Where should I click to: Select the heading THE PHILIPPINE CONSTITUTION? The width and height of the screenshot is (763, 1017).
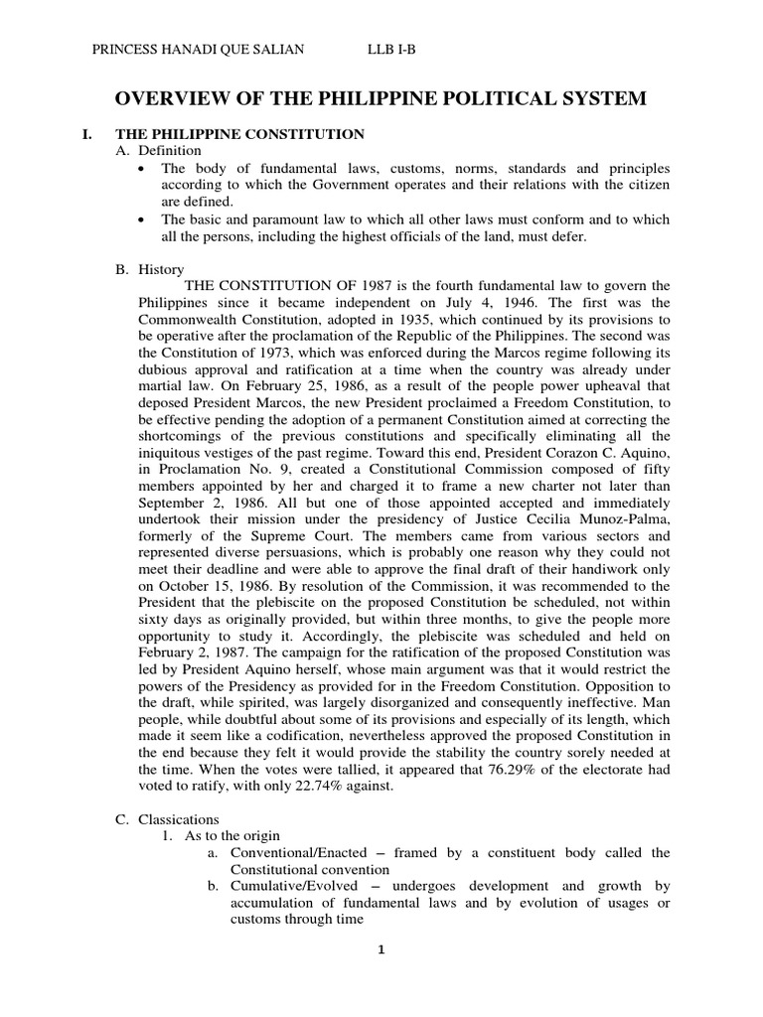pyautogui.click(x=241, y=133)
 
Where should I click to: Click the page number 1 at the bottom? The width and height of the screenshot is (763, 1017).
pyautogui.click(x=381, y=948)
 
